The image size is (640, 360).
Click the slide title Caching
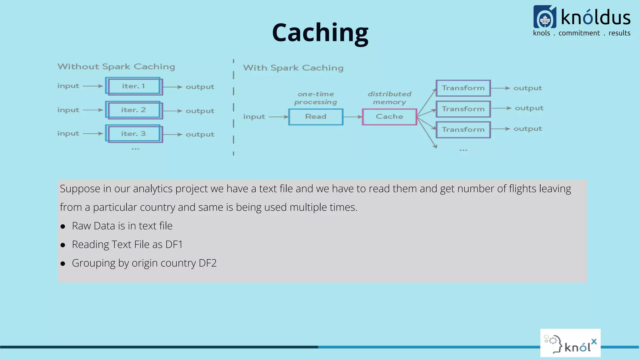pyautogui.click(x=320, y=32)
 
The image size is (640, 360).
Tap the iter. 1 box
pyautogui.click(x=134, y=86)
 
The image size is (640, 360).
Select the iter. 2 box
pyautogui.click(x=134, y=110)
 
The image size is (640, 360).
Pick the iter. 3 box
pyautogui.click(x=134, y=134)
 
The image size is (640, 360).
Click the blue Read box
pyautogui.click(x=316, y=117)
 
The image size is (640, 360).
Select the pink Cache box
pyautogui.click(x=389, y=117)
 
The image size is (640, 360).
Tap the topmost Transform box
pyautogui.click(x=463, y=88)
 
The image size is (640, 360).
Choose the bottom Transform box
pyautogui.click(x=463, y=130)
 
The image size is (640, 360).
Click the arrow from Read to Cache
pyautogui.click(x=352, y=117)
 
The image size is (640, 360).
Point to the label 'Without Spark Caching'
pyautogui.click(x=116, y=67)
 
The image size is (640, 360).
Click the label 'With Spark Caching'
pyautogui.click(x=293, y=68)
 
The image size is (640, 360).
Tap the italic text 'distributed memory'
pyautogui.click(x=389, y=98)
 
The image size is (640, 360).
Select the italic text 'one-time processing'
pyautogui.click(x=316, y=98)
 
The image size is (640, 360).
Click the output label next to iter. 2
pyautogui.click(x=200, y=111)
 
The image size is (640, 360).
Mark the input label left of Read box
pyautogui.click(x=254, y=117)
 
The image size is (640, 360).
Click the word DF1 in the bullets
pyautogui.click(x=174, y=244)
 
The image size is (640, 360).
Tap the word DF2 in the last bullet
pyautogui.click(x=207, y=263)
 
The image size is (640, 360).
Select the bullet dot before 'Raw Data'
pyautogui.click(x=63, y=227)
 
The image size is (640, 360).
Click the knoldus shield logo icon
pyautogui.click(x=545, y=17)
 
